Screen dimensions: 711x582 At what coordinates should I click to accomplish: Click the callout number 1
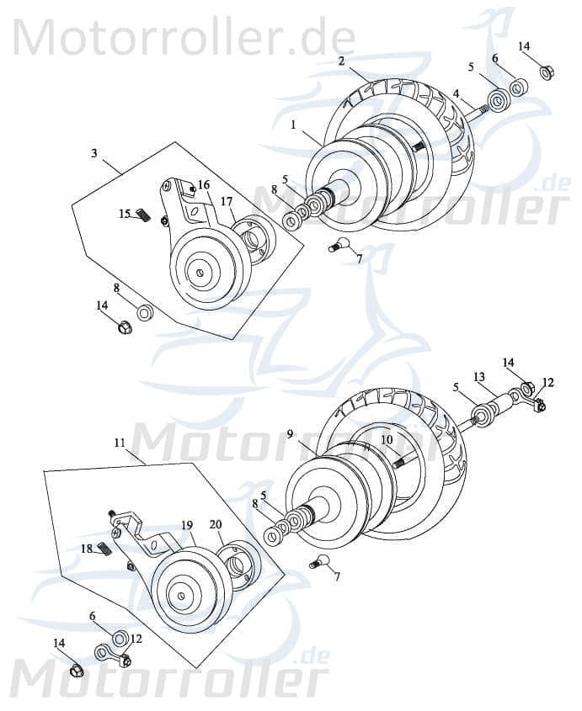tap(292, 124)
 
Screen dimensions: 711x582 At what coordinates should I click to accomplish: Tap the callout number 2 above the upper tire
tap(341, 61)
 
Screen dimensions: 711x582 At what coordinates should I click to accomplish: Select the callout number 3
tap(94, 153)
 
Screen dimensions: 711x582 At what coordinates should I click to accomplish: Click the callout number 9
tap(289, 434)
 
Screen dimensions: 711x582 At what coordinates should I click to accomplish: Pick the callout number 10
tap(387, 439)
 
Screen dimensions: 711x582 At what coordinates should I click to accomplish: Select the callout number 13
tap(478, 376)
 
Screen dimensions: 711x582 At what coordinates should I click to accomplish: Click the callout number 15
tap(125, 214)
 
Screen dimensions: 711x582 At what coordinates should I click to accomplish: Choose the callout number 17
tap(227, 201)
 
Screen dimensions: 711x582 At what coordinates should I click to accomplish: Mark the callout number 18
tap(87, 548)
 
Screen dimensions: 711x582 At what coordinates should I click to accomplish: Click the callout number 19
tap(186, 525)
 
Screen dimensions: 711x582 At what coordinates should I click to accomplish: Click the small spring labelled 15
tap(144, 218)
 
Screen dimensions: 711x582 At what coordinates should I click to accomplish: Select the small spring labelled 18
tap(105, 550)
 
